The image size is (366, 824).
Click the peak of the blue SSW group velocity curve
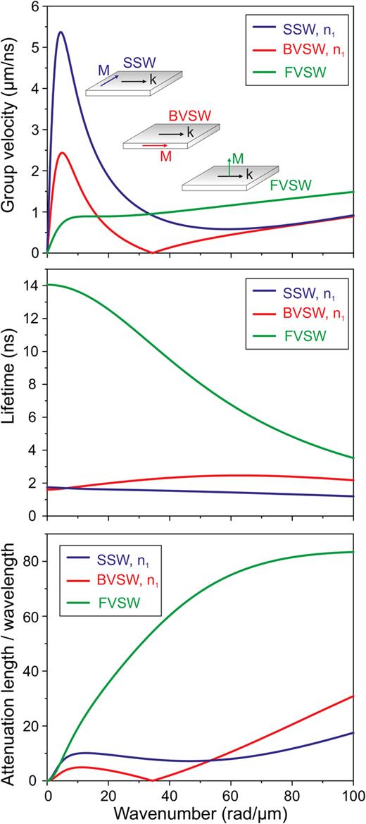tap(61, 32)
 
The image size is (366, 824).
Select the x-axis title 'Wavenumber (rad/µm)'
tap(199, 813)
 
